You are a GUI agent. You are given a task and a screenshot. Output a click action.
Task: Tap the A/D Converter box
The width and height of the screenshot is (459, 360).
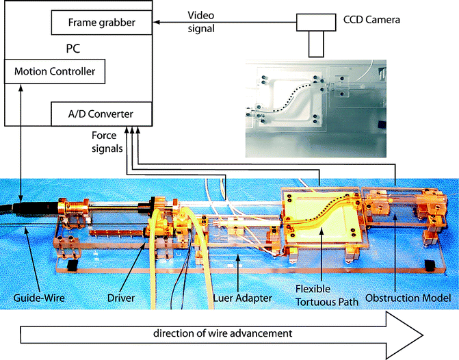(x=101, y=113)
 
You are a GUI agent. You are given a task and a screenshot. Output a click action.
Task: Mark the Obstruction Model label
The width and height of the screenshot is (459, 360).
(x=408, y=298)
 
